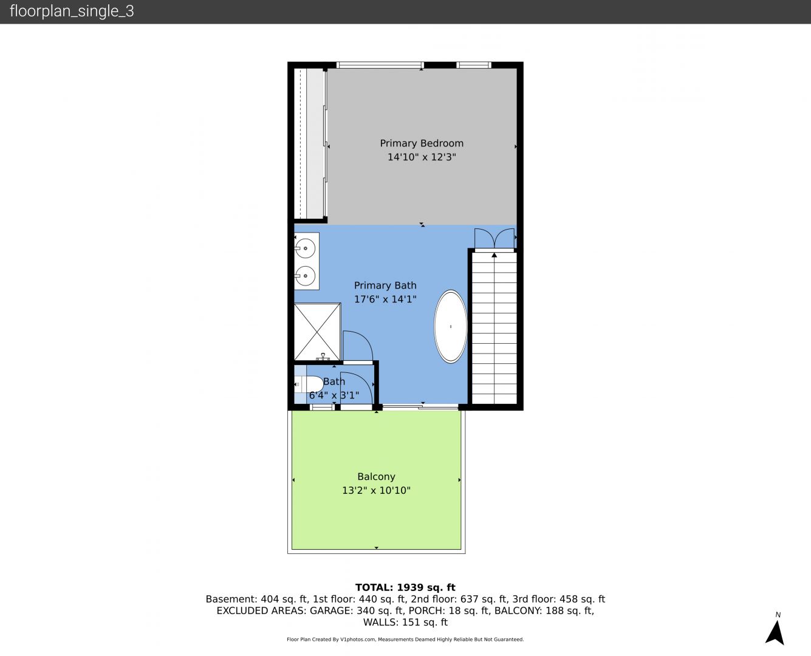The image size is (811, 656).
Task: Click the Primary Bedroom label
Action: click(422, 143)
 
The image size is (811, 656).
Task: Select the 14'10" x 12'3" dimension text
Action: click(422, 157)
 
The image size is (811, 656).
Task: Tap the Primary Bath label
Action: click(385, 285)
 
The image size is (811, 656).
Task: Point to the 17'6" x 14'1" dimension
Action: click(385, 299)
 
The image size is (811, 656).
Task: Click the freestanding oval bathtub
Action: click(450, 326)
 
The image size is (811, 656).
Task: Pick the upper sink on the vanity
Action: click(306, 248)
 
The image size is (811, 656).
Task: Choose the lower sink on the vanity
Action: click(306, 276)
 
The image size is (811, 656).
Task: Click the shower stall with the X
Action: click(317, 332)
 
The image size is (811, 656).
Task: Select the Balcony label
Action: click(376, 477)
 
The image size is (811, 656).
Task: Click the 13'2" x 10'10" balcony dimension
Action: click(376, 490)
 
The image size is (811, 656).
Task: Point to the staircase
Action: click(494, 327)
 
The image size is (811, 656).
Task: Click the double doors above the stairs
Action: click(494, 238)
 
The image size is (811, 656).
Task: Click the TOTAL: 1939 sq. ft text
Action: click(405, 587)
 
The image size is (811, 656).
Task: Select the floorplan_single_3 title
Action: click(72, 12)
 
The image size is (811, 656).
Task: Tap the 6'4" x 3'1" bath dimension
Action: click(334, 395)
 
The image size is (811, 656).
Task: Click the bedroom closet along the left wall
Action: click(310, 143)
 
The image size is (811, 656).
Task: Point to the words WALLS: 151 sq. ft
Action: click(405, 623)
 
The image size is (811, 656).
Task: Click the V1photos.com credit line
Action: click(405, 640)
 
